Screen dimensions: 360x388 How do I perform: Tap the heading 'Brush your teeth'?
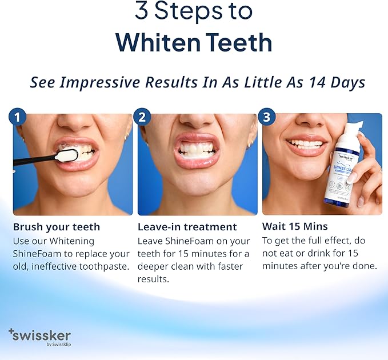click(57, 227)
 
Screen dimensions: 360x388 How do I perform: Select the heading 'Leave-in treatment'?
click(187, 227)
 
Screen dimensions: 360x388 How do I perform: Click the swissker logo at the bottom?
click(39, 336)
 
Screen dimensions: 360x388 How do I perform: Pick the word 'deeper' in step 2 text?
click(154, 266)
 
